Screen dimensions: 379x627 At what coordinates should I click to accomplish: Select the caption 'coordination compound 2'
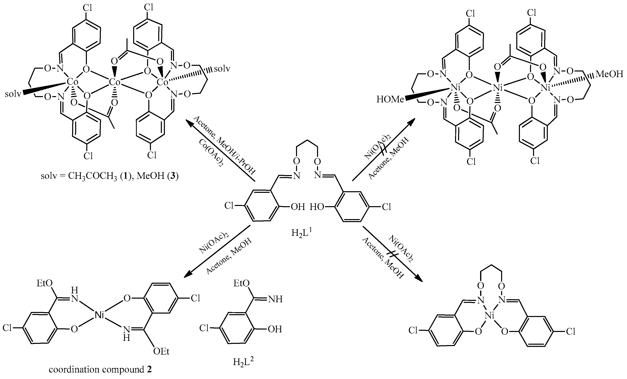(100, 369)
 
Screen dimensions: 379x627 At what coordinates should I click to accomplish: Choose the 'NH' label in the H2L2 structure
(275, 299)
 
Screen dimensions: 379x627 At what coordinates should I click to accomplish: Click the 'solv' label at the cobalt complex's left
(13, 94)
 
